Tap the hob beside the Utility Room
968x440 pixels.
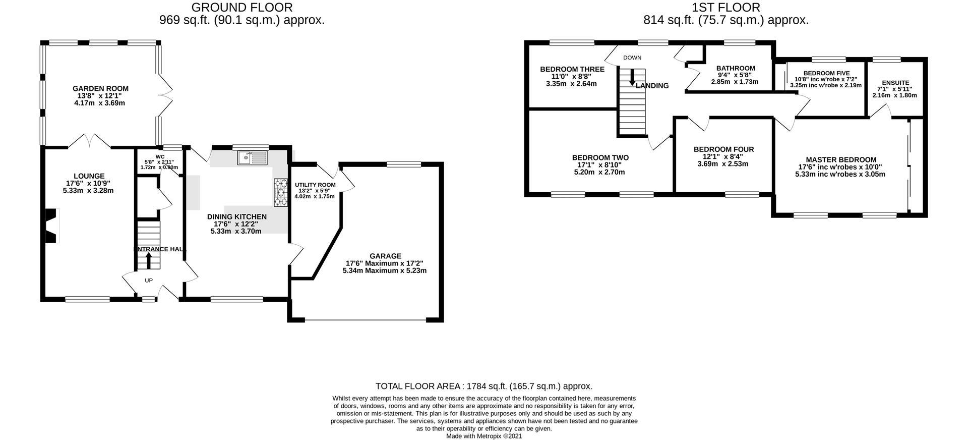(x=280, y=192)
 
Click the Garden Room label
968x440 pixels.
(x=100, y=89)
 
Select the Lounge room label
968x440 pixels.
(x=88, y=176)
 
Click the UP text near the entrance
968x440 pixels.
(x=149, y=281)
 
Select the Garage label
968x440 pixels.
(x=385, y=256)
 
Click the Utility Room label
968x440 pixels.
(x=315, y=185)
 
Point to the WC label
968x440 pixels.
(x=160, y=157)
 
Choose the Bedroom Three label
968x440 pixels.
(x=572, y=69)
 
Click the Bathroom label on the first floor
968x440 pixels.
(x=736, y=68)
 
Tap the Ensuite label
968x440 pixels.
(x=895, y=83)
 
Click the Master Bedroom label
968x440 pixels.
(x=841, y=159)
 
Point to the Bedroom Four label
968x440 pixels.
(x=723, y=149)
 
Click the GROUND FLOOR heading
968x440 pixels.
(x=242, y=7)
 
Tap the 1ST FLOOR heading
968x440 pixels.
(x=726, y=7)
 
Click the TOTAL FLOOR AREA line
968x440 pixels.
(x=484, y=386)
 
